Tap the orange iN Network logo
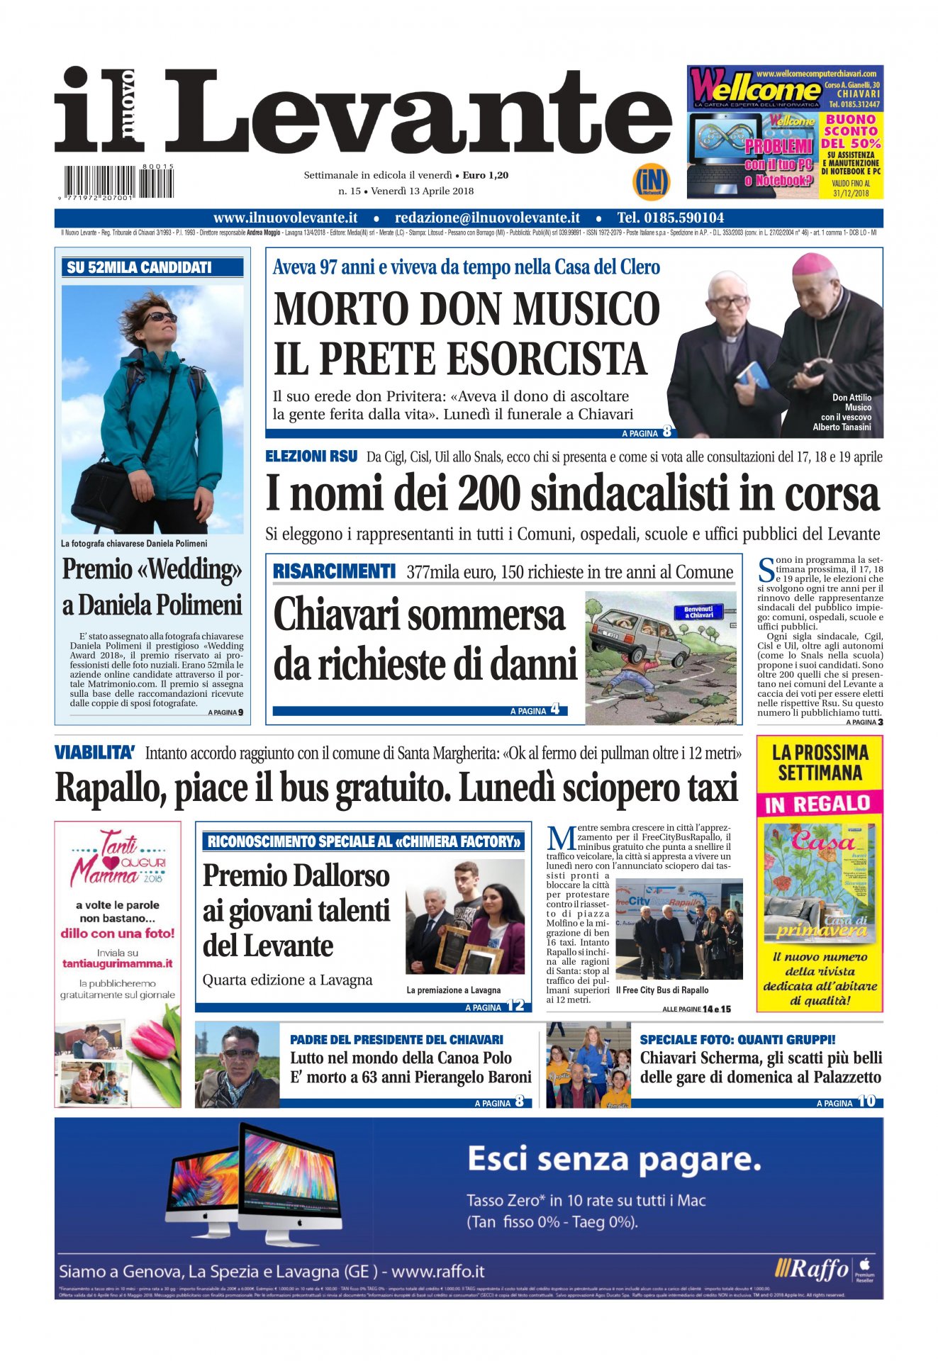coord(650,183)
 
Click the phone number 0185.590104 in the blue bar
coord(670,218)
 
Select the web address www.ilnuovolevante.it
coord(285,218)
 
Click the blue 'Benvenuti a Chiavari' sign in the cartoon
coord(698,611)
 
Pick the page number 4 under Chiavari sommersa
coord(554,709)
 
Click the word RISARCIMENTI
coord(333,571)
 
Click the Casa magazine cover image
coord(819,883)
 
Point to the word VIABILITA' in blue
coord(95,753)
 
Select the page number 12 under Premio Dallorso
coord(515,1006)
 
